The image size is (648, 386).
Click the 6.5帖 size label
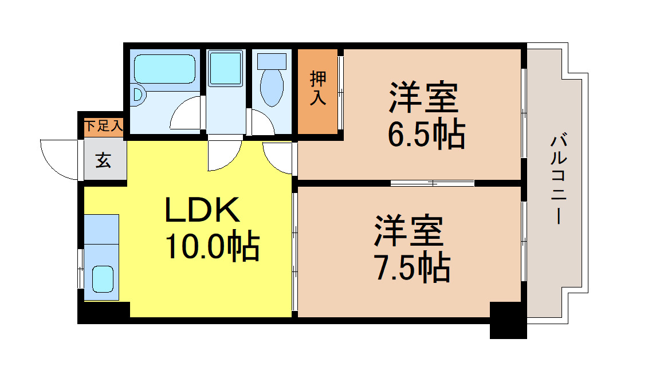click(x=426, y=135)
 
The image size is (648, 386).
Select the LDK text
click(x=202, y=211)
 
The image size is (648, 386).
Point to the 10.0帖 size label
click(x=212, y=246)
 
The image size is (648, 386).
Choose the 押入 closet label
click(x=318, y=88)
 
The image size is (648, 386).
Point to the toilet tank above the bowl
click(x=272, y=60)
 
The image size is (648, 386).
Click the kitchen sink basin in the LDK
click(x=104, y=279)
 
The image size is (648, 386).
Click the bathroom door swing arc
click(x=186, y=115)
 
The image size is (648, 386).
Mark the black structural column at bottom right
click(x=508, y=321)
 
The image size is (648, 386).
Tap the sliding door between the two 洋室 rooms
click(x=433, y=183)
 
